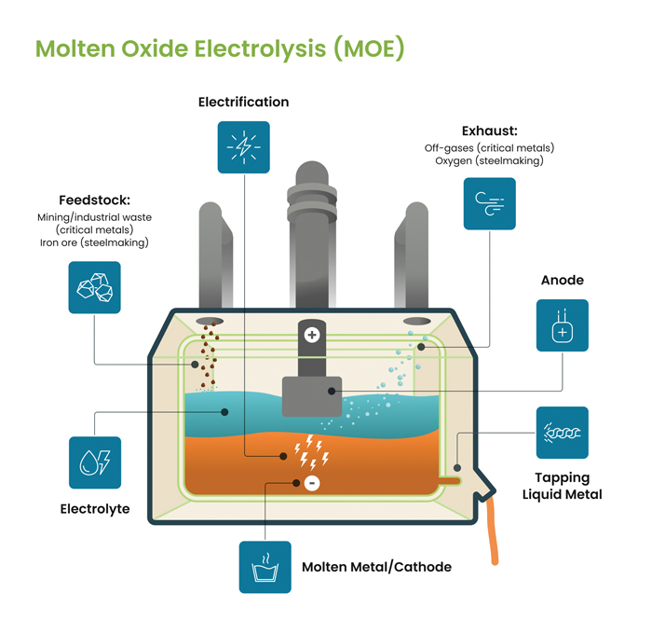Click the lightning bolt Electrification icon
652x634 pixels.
pos(244,147)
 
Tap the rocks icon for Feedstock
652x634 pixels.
pos(94,287)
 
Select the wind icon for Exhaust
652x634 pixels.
pos(489,203)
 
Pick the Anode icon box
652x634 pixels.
pos(563,325)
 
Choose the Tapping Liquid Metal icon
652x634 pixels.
pos(563,433)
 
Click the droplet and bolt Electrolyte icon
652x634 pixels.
pos(95,462)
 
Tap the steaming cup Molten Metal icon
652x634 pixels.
pos(265,567)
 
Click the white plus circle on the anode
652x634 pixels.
pos(312,335)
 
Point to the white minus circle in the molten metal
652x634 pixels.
pos(312,483)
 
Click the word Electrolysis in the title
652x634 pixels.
pos(260,48)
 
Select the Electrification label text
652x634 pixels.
pos(244,102)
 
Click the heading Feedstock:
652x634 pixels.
pos(94,200)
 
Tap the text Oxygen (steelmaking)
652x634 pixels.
pos(489,160)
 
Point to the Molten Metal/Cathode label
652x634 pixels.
pos(376,567)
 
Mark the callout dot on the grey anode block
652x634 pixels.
pos(332,392)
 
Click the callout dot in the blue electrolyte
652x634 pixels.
pos(224,412)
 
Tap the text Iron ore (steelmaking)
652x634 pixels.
pos(94,242)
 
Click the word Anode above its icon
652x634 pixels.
pos(563,280)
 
